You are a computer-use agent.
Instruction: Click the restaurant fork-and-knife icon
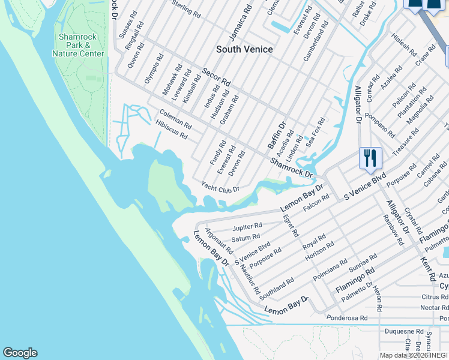(370, 158)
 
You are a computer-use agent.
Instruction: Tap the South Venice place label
(244, 49)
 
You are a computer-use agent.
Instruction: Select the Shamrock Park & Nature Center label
(78, 45)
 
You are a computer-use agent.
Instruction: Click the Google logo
(20, 353)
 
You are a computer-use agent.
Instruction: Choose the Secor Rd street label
(216, 76)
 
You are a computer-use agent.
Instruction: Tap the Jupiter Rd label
(247, 226)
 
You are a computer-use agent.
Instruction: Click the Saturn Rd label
(246, 238)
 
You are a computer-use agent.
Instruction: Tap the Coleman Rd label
(175, 119)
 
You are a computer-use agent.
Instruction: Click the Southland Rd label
(277, 289)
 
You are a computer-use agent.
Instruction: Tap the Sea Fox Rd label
(315, 134)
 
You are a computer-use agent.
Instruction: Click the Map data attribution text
(414, 355)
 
